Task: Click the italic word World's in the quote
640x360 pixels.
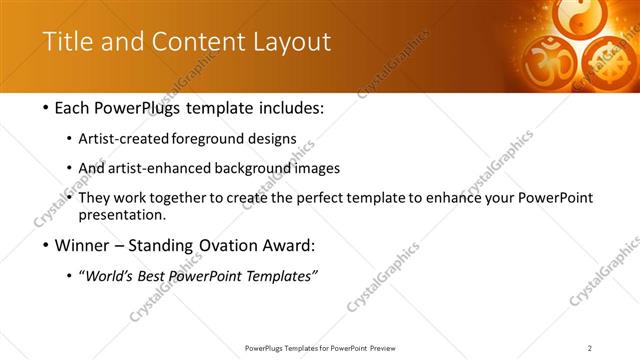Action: (x=112, y=276)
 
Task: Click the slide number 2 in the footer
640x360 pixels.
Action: (x=590, y=348)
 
